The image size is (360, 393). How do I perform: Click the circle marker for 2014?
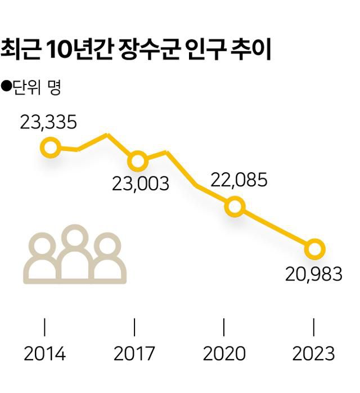(x=50, y=148)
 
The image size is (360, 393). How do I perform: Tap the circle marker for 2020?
(x=234, y=207)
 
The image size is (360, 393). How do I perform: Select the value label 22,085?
(x=238, y=180)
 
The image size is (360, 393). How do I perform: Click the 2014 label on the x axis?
(x=45, y=354)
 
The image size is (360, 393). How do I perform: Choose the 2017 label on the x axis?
(x=134, y=354)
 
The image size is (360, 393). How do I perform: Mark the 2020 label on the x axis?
(x=224, y=354)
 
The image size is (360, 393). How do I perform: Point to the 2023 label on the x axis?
(x=313, y=354)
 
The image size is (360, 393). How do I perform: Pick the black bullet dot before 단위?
(x=6, y=86)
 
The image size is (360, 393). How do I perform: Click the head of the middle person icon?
(x=75, y=237)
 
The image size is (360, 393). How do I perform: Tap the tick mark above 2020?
(x=224, y=327)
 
